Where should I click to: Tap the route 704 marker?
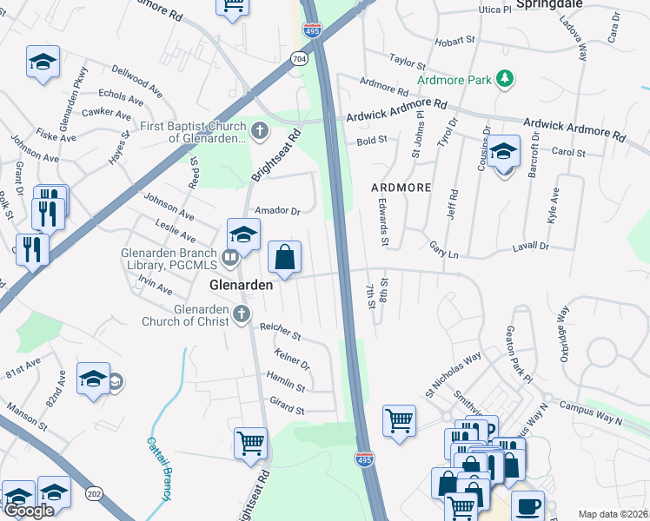coord(300,59)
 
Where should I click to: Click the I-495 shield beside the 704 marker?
coord(313,30)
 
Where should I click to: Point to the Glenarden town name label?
coord(242,285)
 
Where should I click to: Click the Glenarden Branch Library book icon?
coord(230,256)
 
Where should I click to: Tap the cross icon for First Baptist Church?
coord(259,132)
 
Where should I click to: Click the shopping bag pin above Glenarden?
coord(284,258)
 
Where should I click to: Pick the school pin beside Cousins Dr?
coord(503,153)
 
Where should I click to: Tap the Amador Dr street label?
coord(277,210)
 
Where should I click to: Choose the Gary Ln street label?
coord(443,246)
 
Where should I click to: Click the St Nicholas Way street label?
coord(453,373)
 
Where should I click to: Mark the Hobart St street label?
coord(433,40)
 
